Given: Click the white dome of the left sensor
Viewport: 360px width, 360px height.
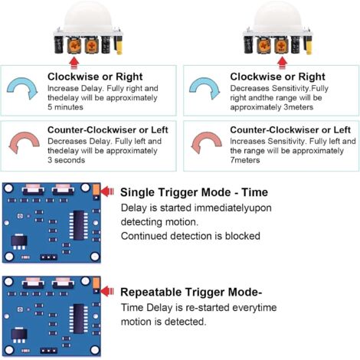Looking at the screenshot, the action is pos(88,16).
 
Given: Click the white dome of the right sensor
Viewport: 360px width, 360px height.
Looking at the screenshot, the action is pos(277,16).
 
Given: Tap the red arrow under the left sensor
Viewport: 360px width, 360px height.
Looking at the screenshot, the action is pos(74,63).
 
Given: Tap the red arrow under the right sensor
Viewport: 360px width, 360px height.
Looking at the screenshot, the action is pos(282,63).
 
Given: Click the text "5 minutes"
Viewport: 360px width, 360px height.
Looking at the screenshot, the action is pos(65,107).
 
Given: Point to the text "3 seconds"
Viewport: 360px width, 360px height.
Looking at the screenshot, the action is pos(66,160).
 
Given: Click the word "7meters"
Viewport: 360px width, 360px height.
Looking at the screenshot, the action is pos(245,160).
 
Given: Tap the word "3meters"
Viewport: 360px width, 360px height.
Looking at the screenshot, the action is pos(299,107).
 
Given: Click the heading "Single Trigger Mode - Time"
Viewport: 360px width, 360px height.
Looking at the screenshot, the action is pos(194,192).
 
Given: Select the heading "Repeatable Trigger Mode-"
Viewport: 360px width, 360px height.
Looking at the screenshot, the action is pos(191,292).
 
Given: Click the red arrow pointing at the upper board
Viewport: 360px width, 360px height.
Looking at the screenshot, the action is pos(107,191).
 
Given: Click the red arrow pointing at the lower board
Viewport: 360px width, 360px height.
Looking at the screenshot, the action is pos(107,291).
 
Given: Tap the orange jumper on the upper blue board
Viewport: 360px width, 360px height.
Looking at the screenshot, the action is pos(96,190).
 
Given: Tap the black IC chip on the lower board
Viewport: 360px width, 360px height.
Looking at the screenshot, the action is pos(79,319).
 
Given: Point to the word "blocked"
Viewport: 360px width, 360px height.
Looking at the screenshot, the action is pos(243,236).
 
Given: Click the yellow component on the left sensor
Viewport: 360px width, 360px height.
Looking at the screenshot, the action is pos(119,45).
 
